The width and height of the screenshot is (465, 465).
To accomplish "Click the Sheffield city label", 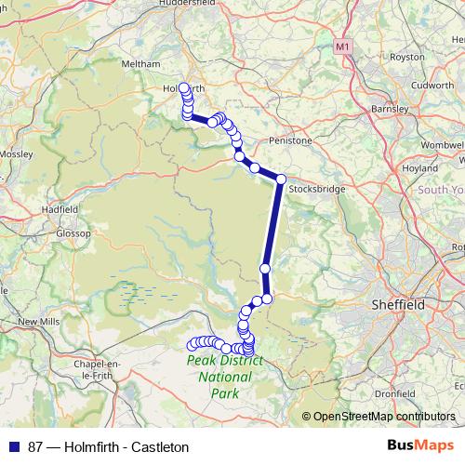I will click(x=397, y=304).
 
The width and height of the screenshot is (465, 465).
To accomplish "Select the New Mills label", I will click(x=38, y=321).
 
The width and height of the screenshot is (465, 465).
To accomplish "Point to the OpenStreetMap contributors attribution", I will click(x=383, y=417).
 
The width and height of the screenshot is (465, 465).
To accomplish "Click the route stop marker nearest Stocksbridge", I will click(x=280, y=179).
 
